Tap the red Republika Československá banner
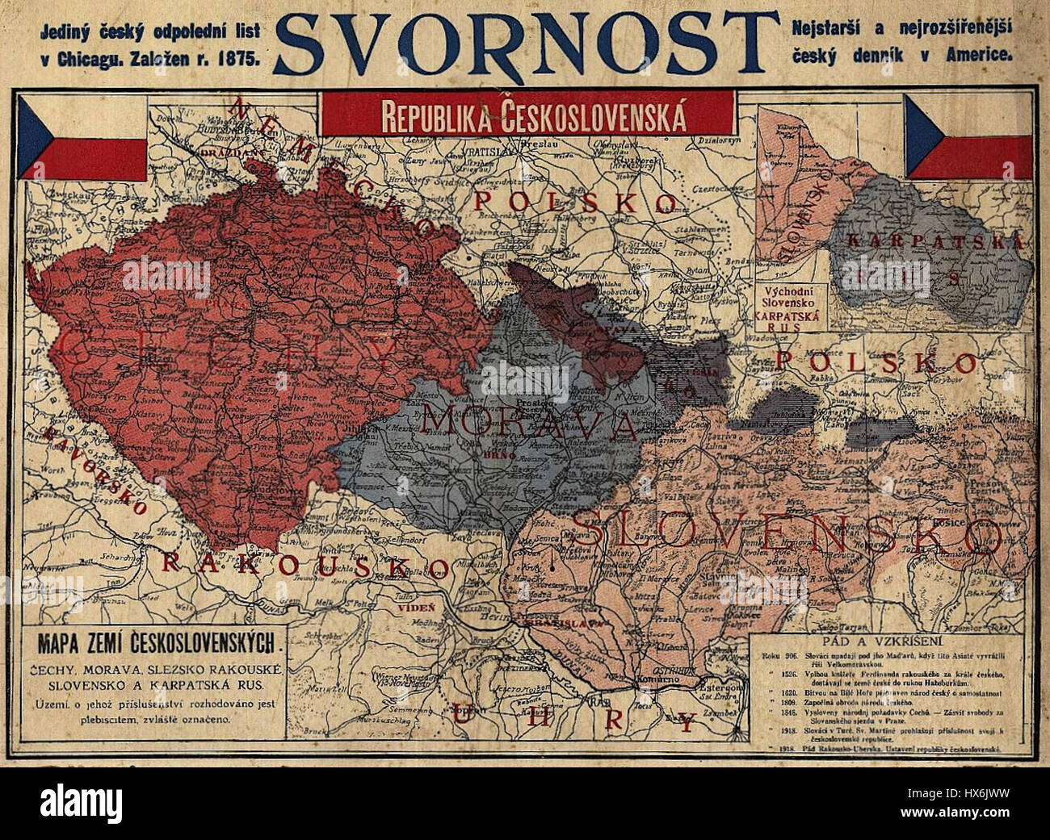527,114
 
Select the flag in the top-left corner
82,138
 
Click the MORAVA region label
530,423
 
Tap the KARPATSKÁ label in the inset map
934,240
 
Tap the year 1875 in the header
237,57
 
